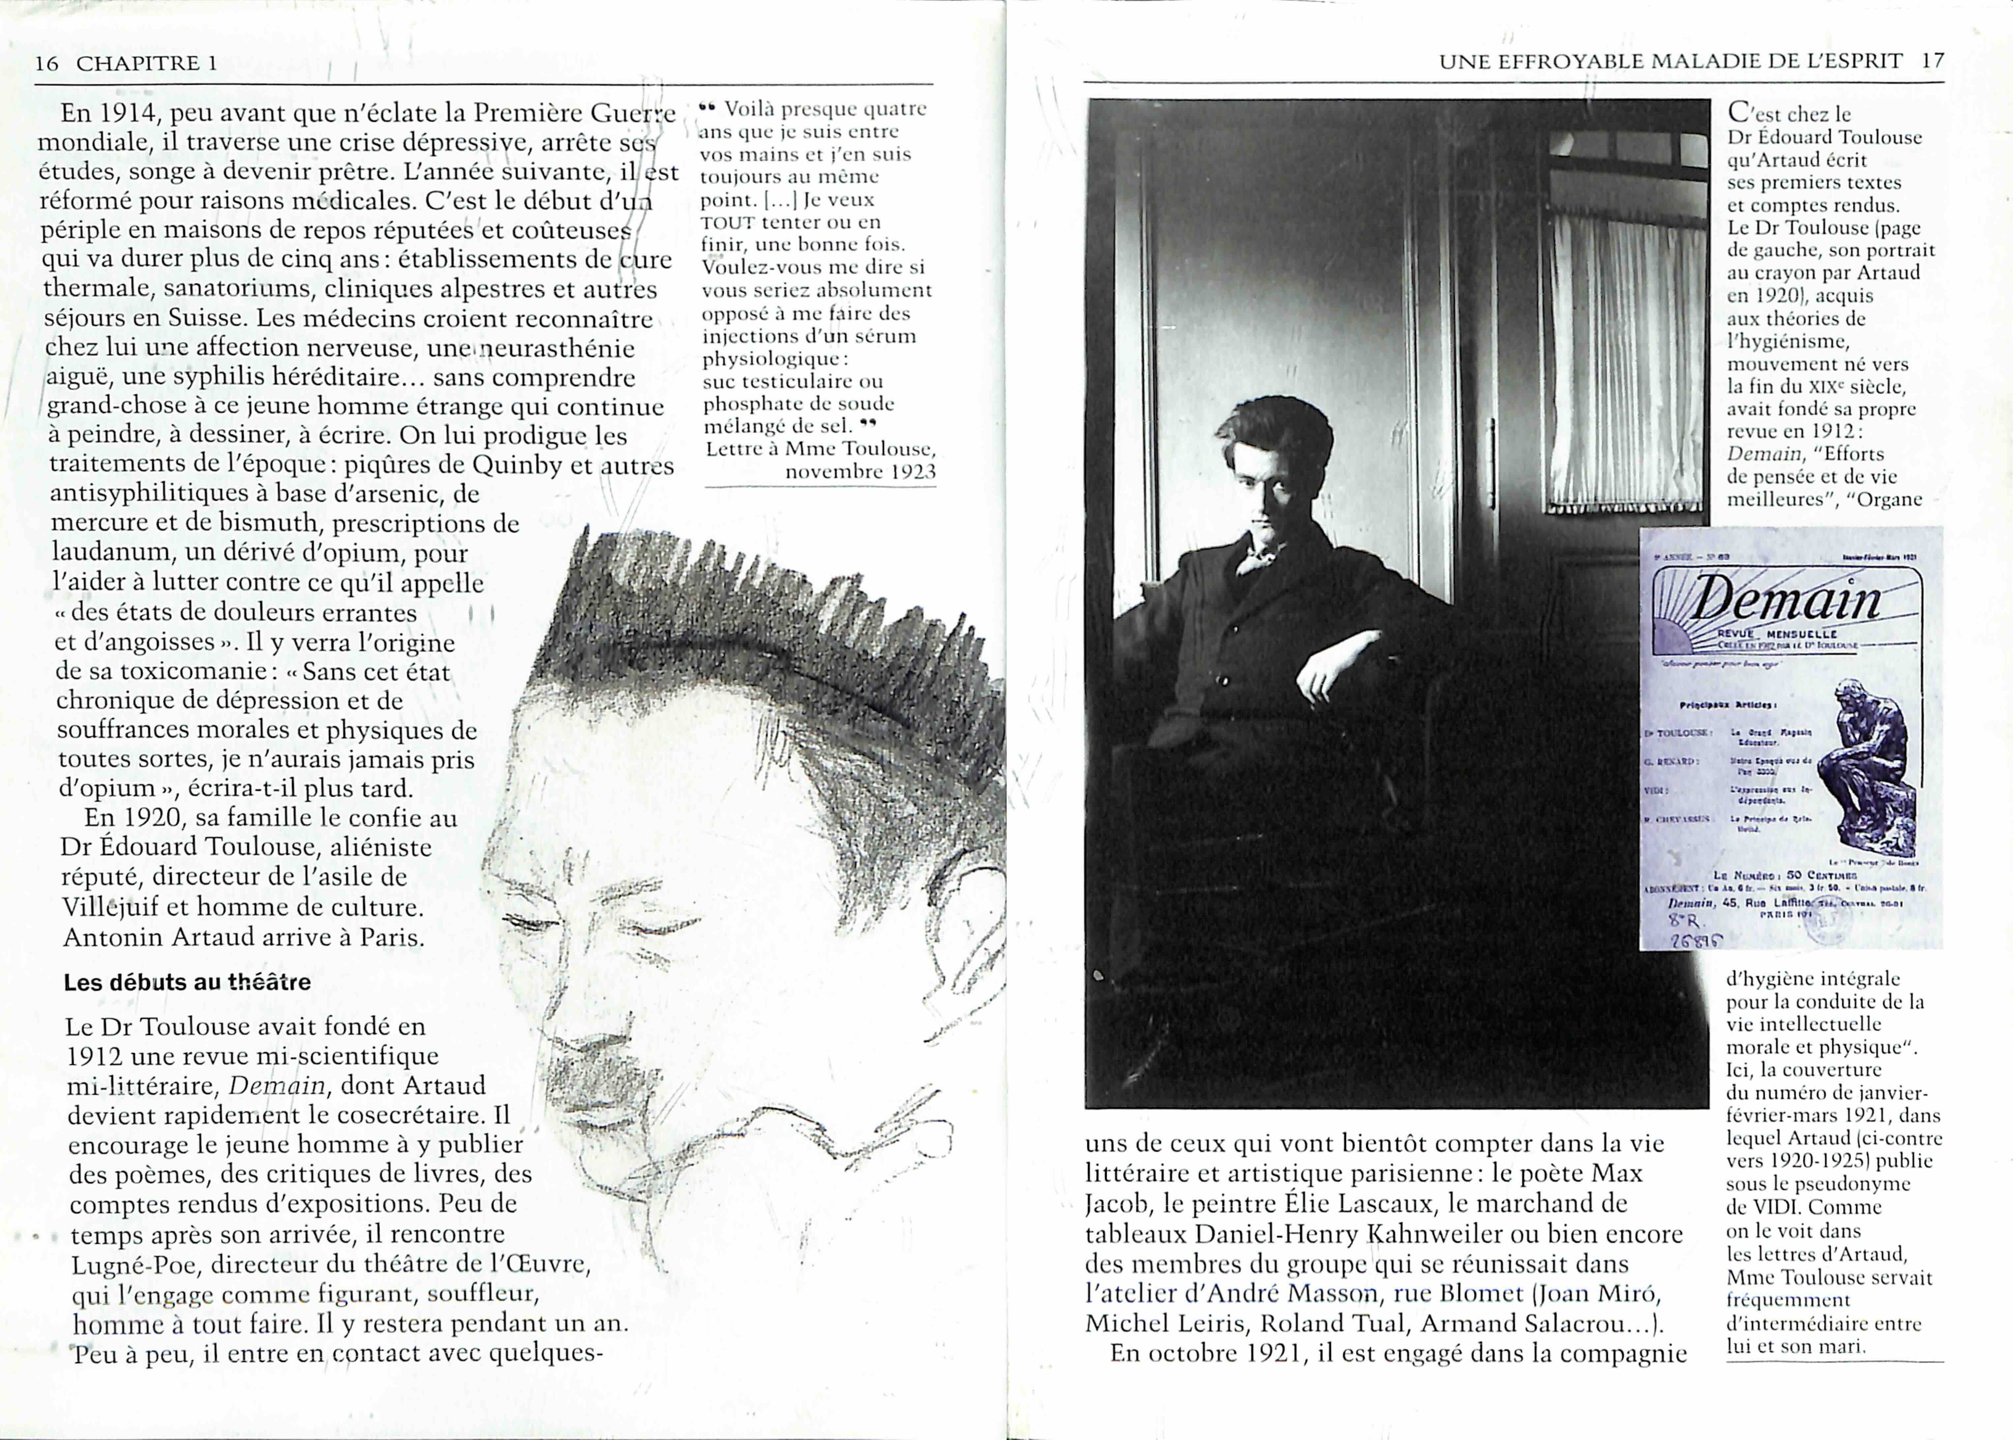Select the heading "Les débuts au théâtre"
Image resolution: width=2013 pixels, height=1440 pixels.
tap(187, 982)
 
